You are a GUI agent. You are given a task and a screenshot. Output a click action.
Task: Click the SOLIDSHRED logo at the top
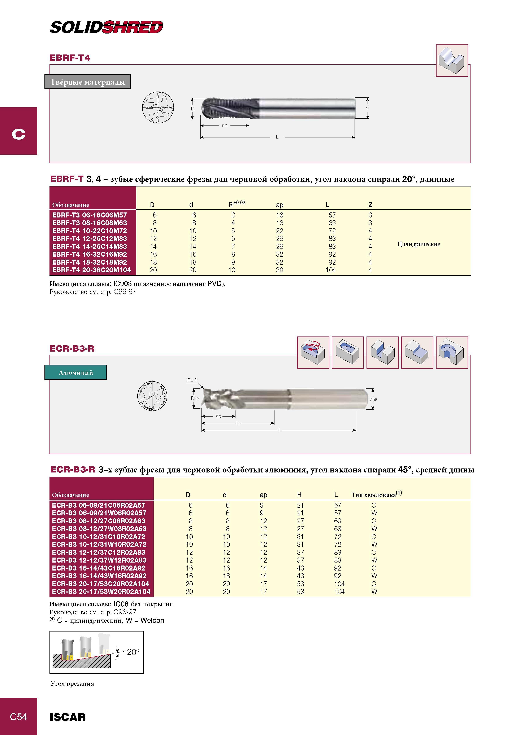pos(106,27)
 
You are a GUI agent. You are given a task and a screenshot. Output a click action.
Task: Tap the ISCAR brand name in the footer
pos(68,717)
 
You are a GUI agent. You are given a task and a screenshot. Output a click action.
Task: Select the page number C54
pos(19,717)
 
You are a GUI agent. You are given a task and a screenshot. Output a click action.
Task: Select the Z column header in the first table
pos(370,205)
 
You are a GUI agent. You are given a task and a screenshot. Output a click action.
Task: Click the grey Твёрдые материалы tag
pos(87,82)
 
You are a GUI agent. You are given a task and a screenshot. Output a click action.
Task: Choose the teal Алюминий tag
pos(76,372)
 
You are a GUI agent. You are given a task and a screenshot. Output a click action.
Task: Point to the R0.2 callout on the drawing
pos(192,380)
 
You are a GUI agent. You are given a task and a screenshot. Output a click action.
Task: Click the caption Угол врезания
pos(72,683)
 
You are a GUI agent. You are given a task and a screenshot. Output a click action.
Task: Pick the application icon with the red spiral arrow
pos(313,352)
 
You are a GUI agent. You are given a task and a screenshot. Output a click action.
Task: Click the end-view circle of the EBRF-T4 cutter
pos(158,107)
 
